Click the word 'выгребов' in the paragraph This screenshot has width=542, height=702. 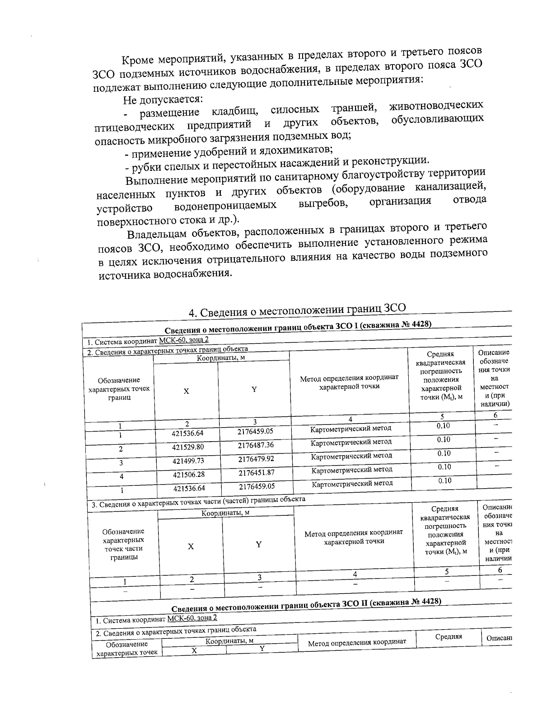click(323, 204)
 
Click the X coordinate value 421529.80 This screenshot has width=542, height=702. click(187, 447)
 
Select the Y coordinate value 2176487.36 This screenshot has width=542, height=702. click(255, 445)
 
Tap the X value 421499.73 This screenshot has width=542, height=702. click(188, 461)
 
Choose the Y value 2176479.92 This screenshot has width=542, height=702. click(256, 459)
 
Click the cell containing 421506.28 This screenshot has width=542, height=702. click(188, 475)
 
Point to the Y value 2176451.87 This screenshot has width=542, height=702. click(256, 473)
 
